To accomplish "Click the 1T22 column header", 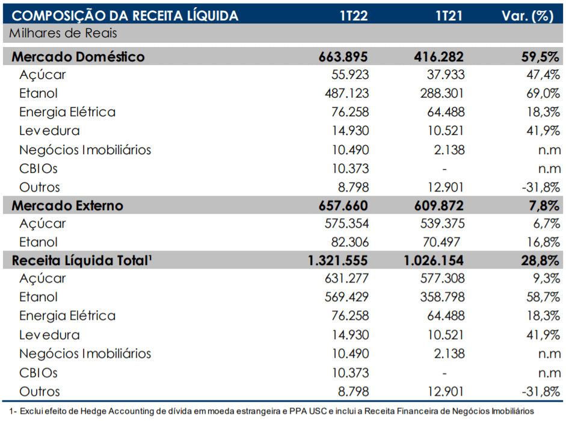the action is (354, 16).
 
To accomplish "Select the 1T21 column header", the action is (449, 16).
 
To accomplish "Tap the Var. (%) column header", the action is (528, 16).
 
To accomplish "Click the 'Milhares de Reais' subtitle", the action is (63, 33).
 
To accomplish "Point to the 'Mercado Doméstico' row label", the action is (78, 57).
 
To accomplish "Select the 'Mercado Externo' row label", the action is (67, 205).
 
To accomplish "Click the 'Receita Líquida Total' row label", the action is (82, 261).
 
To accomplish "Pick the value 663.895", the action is (343, 57).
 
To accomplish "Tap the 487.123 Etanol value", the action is (346, 93).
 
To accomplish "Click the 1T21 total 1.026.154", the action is (433, 261).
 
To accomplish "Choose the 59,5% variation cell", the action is (540, 57).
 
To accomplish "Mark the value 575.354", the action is (346, 223).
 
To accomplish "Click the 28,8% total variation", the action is (540, 261).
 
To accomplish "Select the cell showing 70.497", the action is (441, 242).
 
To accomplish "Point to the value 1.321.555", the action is (337, 261).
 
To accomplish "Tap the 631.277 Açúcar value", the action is (346, 278).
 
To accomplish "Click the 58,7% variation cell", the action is (543, 297).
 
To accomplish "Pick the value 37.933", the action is (446, 75).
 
